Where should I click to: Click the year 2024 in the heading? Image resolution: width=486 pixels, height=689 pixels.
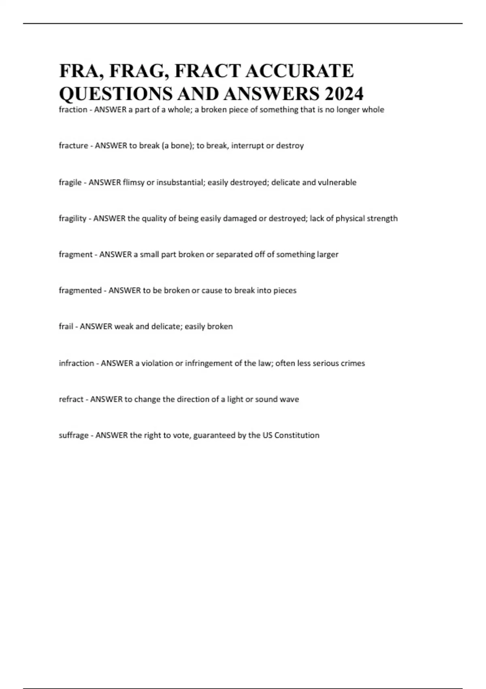tap(344, 94)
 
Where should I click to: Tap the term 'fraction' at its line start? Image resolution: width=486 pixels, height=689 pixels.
tap(73, 110)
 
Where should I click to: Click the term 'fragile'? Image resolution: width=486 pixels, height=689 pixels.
tap(70, 182)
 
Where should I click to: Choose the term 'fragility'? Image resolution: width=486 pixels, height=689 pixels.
tap(72, 218)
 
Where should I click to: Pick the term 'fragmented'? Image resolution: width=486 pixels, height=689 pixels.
tap(80, 291)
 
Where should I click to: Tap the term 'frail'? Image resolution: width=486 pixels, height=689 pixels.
tap(66, 327)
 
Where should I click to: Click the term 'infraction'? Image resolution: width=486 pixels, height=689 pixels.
tap(77, 363)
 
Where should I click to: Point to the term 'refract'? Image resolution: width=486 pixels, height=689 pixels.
tap(71, 399)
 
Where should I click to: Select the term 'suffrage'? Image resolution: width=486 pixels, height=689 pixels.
tap(74, 435)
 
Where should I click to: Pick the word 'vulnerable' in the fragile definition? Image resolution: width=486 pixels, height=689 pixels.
tap(337, 182)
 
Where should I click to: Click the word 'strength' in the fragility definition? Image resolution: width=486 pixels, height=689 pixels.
tap(382, 218)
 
